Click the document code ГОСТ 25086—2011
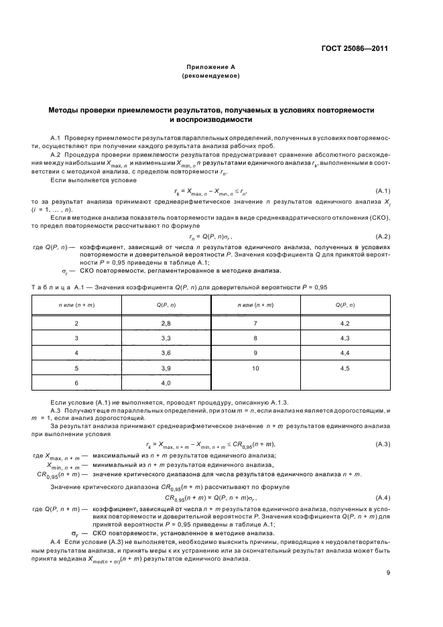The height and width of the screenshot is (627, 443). point(355,49)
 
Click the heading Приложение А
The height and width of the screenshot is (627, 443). point(211,68)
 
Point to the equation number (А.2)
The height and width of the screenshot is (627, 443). point(383,236)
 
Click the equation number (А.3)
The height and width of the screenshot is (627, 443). point(383,444)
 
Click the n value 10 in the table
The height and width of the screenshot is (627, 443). point(255,368)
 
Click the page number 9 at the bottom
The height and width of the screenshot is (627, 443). point(388,572)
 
